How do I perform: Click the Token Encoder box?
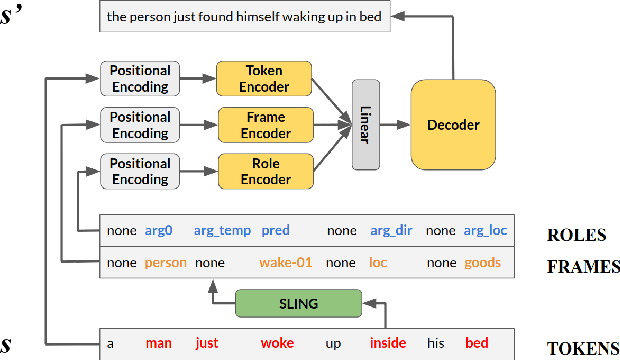[264, 79]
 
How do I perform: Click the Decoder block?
[453, 125]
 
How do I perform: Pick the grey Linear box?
[368, 126]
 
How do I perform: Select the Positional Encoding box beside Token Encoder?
[140, 79]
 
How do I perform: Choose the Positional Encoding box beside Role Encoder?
[140, 171]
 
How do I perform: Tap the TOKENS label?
[583, 348]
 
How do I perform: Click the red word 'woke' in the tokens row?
[277, 344]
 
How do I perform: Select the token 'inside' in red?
[388, 344]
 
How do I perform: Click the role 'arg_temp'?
[219, 231]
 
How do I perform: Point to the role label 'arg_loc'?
[485, 231]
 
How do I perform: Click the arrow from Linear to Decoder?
[396, 125]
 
